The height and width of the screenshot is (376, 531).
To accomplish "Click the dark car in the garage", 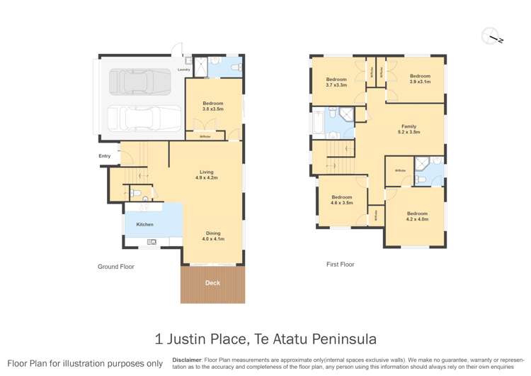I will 140,82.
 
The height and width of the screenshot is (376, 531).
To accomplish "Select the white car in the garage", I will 140,118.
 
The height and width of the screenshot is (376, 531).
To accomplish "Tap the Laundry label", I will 183,70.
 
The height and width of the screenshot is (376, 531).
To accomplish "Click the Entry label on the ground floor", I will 105,156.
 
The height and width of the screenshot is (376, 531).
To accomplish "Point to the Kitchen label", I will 144,224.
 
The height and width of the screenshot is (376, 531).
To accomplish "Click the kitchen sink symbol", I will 152,242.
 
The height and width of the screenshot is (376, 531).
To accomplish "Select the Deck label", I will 212,283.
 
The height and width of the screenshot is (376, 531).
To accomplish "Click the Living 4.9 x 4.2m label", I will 206,175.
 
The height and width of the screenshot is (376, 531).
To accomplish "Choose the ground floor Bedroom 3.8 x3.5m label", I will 212,107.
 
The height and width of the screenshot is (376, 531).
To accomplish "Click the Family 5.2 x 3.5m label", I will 409,130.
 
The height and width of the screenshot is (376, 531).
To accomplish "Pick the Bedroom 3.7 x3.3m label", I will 336,82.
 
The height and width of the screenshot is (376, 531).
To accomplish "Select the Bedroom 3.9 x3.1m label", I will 420,79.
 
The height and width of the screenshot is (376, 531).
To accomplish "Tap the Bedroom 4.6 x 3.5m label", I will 341,200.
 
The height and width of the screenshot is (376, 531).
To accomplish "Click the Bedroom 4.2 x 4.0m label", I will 417,216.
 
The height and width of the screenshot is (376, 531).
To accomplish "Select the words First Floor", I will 340,264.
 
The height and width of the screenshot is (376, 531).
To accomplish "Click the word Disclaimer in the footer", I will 187,360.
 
